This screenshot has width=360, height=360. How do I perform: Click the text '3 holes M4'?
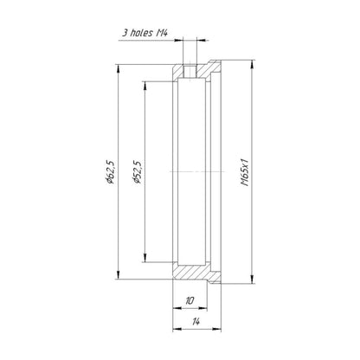click(145, 33)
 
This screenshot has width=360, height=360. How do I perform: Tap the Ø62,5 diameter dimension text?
click(111, 171)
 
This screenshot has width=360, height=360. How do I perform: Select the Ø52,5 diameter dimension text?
click(137, 172)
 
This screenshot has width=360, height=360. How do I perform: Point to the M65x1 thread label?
click(245, 172)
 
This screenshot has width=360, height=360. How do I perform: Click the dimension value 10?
click(190, 301)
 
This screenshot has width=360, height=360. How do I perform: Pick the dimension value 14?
click(196, 321)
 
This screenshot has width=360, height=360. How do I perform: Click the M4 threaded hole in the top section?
click(190, 71)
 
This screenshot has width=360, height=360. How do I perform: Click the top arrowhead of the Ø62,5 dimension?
click(118, 68)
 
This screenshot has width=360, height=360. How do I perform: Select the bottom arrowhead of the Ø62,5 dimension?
click(118, 275)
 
